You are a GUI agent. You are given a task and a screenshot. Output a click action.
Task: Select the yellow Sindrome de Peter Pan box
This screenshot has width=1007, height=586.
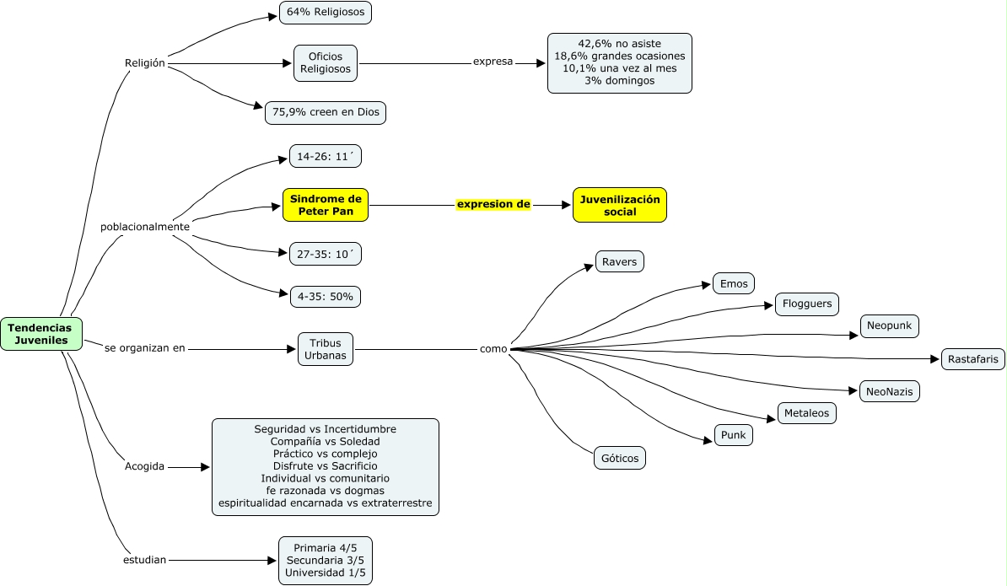(326, 205)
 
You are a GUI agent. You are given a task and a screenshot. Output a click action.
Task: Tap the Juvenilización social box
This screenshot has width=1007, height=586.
(620, 205)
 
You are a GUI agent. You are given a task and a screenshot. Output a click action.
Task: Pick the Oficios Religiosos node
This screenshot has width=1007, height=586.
(326, 63)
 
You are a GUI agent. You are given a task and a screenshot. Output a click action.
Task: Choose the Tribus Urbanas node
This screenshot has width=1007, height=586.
(326, 349)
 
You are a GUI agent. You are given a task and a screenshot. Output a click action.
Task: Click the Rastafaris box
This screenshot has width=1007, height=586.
(973, 359)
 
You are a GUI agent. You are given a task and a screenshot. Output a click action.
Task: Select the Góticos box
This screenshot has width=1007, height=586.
(620, 458)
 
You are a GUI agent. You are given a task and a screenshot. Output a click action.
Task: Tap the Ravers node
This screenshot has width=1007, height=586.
(620, 261)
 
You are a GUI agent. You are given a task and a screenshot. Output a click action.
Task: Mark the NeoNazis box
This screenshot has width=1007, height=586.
(889, 391)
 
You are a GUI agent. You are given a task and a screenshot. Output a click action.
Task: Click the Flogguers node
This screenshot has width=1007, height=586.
(807, 304)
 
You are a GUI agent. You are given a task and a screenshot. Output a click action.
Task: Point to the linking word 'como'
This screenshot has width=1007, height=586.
(493, 349)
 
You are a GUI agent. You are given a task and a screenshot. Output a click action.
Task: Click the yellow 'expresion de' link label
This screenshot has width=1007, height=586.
(493, 205)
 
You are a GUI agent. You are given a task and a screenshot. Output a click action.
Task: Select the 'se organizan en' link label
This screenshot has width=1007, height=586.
(144, 347)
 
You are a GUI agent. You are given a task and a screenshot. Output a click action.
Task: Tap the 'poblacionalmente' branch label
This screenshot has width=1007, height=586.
(145, 227)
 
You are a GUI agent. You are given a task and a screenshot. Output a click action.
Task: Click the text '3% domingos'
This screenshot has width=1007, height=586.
(619, 81)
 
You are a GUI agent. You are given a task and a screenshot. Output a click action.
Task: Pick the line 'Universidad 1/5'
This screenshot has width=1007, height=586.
(326, 573)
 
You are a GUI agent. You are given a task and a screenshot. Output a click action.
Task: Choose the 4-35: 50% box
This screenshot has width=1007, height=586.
(326, 296)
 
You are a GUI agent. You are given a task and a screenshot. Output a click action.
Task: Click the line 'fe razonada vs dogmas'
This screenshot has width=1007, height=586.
(326, 491)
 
